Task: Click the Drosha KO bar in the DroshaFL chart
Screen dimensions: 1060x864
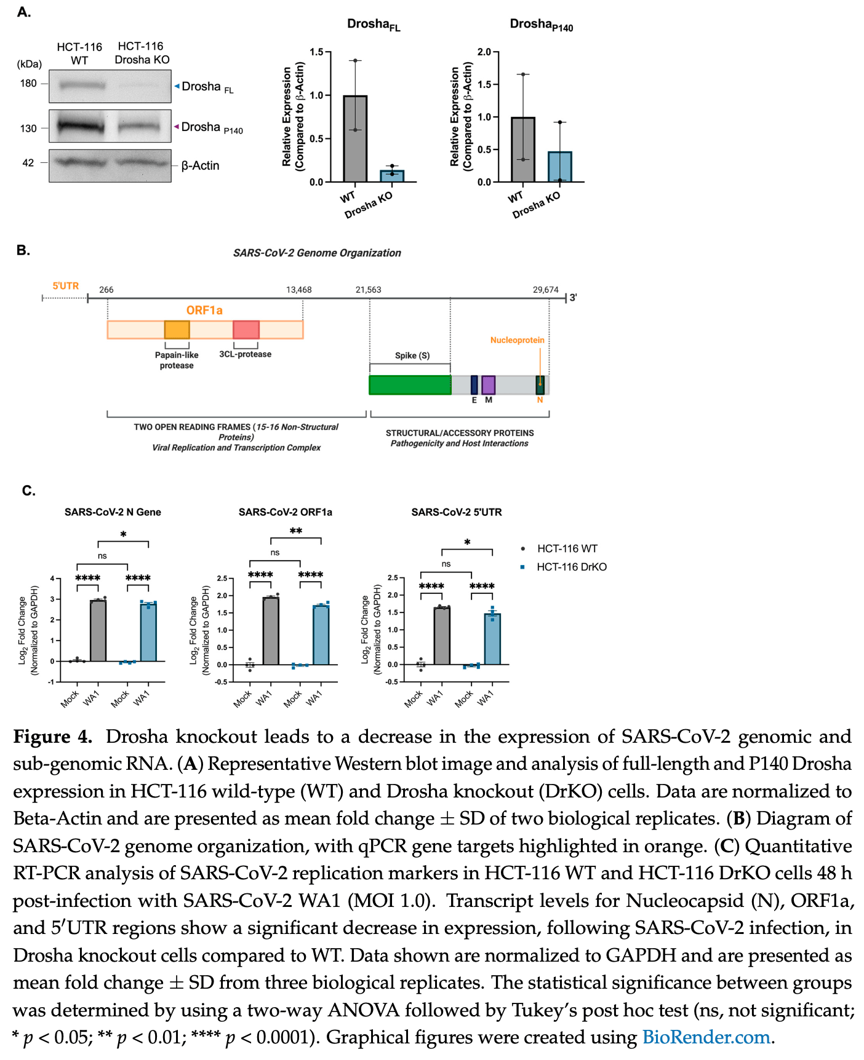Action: [392, 176]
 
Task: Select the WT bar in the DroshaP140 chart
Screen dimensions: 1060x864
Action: [522, 149]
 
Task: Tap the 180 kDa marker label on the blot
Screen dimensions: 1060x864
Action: [28, 83]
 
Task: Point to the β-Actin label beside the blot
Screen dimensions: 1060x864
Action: [200, 165]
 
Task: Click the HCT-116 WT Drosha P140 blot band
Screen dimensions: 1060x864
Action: [81, 127]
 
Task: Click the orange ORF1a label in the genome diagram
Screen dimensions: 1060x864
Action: [204, 310]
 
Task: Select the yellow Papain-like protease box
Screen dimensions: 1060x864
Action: [177, 330]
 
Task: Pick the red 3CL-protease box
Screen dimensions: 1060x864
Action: [246, 330]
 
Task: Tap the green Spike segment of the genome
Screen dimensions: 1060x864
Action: [410, 385]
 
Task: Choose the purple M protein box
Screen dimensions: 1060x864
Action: [488, 385]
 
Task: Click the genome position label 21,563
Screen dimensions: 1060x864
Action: [368, 290]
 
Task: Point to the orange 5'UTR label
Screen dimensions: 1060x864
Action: [65, 286]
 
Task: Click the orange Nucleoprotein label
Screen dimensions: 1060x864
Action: [517, 340]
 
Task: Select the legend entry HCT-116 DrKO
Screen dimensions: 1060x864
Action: [571, 567]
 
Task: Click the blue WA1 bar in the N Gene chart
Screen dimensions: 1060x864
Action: [148, 632]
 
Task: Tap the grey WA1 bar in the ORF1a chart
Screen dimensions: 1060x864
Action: [271, 631]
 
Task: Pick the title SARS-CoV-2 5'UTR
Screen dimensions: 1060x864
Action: [456, 512]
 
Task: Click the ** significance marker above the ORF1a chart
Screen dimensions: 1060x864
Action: [296, 531]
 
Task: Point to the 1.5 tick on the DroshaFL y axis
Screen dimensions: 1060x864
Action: [316, 52]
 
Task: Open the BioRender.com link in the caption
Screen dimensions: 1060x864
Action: [706, 1037]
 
